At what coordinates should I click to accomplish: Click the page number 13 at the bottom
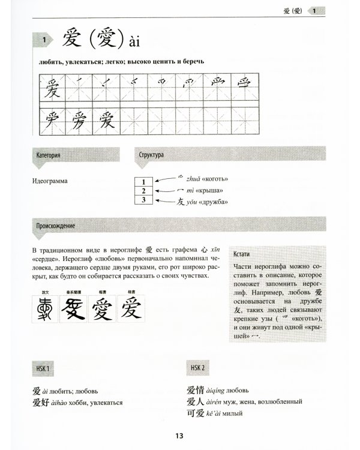(x=179, y=436)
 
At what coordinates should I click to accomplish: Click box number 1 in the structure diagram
(x=144, y=181)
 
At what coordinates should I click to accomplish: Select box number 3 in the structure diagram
(x=144, y=200)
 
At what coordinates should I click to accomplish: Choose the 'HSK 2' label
(x=195, y=367)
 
